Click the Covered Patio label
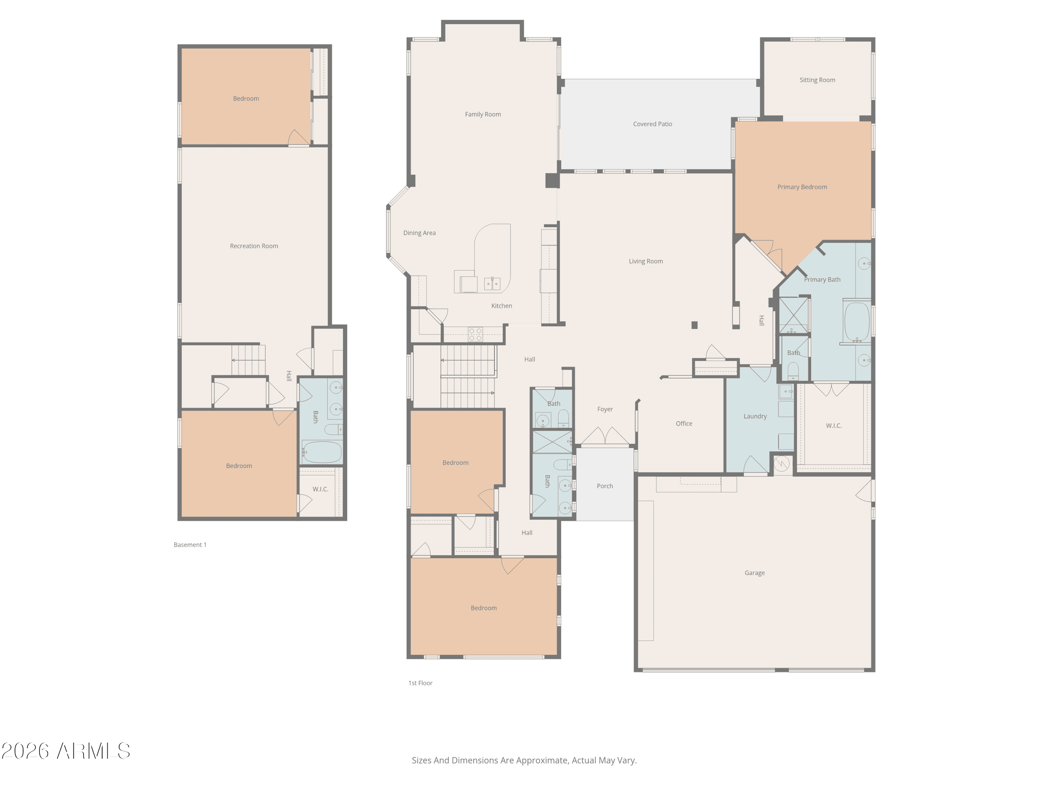pyautogui.click(x=652, y=124)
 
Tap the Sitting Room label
pyautogui.click(x=818, y=80)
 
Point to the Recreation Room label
pyautogui.click(x=254, y=246)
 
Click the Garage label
pyautogui.click(x=755, y=573)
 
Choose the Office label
pyautogui.click(x=684, y=424)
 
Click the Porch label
pyautogui.click(x=605, y=486)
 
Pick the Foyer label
pyautogui.click(x=605, y=409)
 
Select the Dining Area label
pyautogui.click(x=419, y=233)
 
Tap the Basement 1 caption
pyautogui.click(x=190, y=545)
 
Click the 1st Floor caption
pyautogui.click(x=420, y=683)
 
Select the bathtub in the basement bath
pyautogui.click(x=322, y=452)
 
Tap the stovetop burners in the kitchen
pyautogui.click(x=476, y=334)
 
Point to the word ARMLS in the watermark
pyautogui.click(x=93, y=751)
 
